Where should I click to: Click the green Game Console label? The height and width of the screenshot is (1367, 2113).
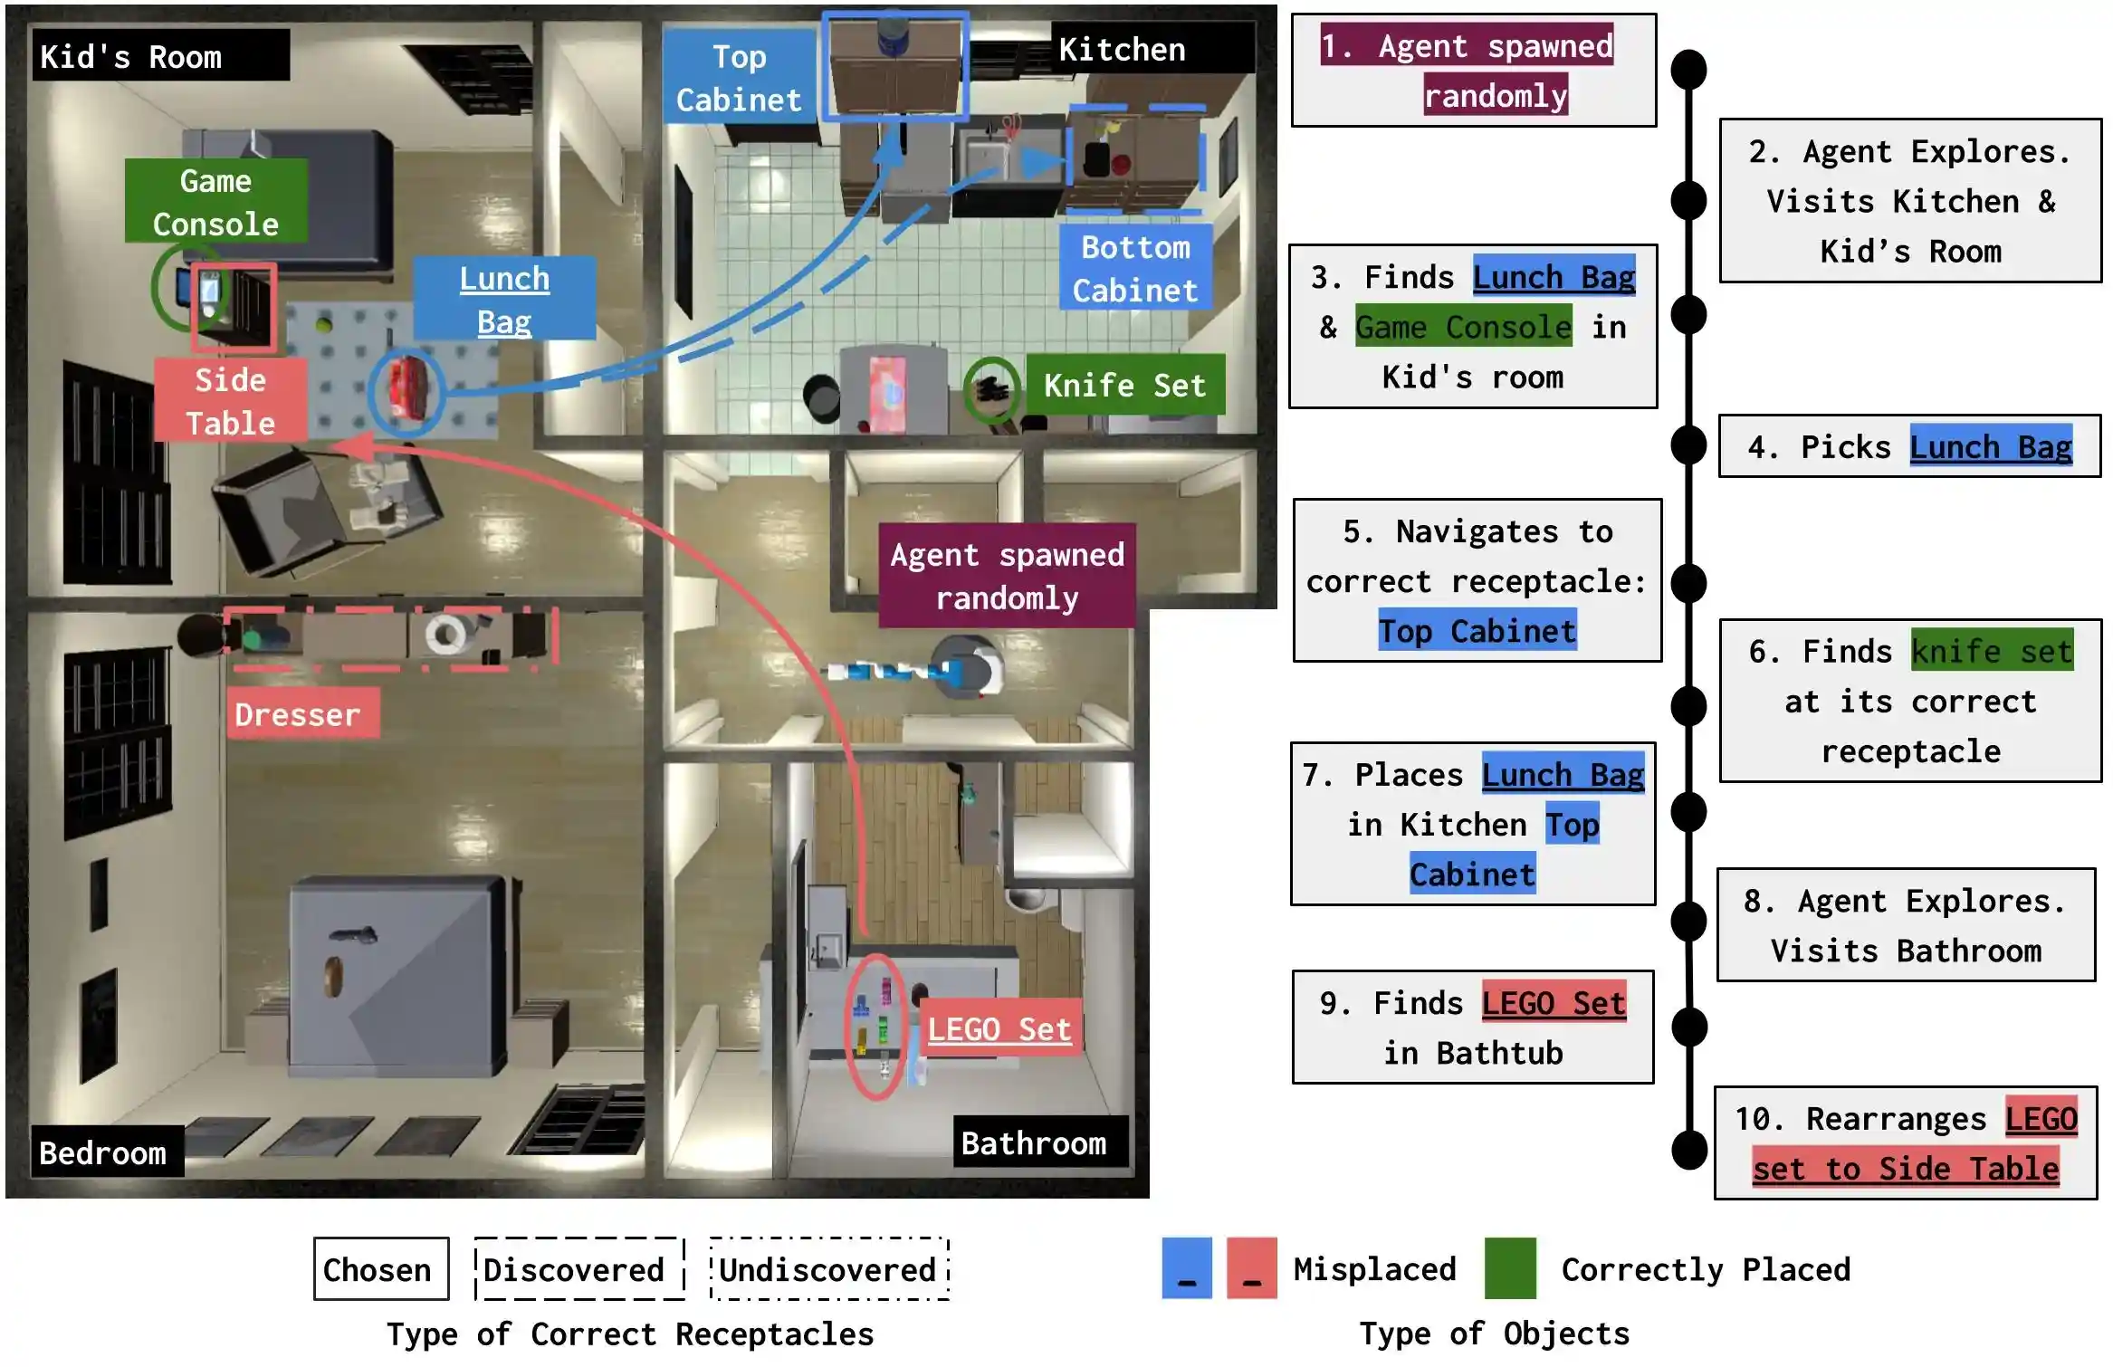(215, 201)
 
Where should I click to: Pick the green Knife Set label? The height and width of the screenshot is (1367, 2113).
(1124, 385)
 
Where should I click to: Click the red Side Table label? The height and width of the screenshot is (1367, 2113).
(230, 400)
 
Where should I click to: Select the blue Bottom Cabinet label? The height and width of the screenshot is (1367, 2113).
(1135, 268)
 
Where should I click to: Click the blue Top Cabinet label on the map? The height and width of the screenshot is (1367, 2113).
(739, 77)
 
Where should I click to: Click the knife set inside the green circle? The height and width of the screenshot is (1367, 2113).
(990, 389)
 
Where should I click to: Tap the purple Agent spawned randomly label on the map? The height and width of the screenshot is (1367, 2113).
(1006, 575)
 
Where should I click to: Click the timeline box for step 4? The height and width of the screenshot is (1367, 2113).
(1908, 446)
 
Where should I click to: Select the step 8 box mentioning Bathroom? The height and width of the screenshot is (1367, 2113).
(1906, 924)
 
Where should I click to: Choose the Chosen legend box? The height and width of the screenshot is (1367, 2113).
(380, 1268)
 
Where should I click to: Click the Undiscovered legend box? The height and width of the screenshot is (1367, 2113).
(828, 1268)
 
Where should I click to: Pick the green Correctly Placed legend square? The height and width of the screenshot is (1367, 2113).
(1509, 1267)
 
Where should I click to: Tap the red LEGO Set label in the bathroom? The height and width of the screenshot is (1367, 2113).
(999, 1028)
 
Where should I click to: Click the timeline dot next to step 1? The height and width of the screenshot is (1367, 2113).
(1688, 70)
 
